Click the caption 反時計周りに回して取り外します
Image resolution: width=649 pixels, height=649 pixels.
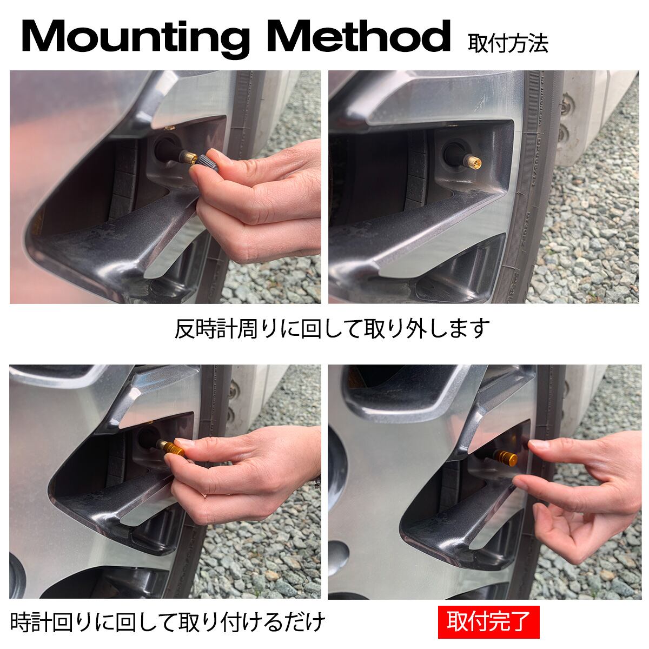tap(332, 328)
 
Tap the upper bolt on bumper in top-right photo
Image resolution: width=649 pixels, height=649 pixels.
tap(568, 103)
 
